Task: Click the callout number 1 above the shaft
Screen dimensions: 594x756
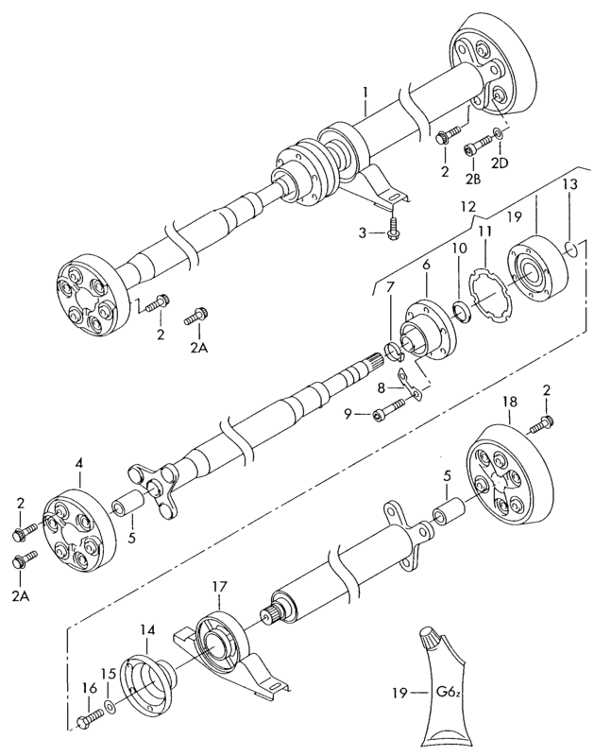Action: coord(365,92)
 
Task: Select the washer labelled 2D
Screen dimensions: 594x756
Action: coord(500,133)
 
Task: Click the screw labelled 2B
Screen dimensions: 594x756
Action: coord(478,146)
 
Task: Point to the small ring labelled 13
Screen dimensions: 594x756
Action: coord(571,250)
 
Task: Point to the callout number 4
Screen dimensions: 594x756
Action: coord(79,464)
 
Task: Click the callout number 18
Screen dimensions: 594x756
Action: coord(510,401)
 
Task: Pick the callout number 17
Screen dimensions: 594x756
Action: coord(219,587)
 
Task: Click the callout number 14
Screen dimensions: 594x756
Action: coord(148,629)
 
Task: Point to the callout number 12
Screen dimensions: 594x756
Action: coord(467,207)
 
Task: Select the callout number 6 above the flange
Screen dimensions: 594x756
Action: coord(426,265)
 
